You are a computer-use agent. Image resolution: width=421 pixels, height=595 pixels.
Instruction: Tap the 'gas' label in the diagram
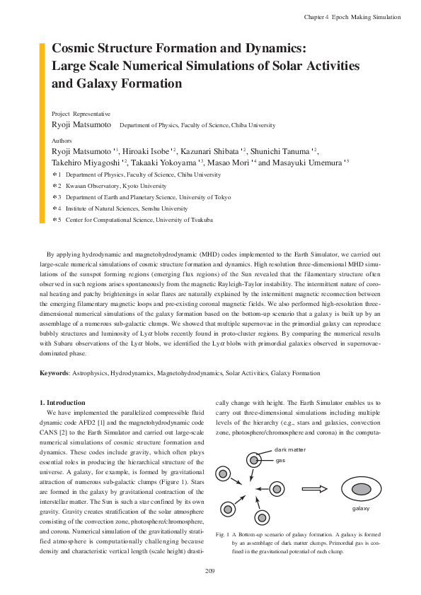click(281, 459)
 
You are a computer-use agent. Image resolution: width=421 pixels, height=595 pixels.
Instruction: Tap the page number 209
click(210, 570)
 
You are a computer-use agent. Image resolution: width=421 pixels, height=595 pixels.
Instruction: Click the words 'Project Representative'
click(81, 113)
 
